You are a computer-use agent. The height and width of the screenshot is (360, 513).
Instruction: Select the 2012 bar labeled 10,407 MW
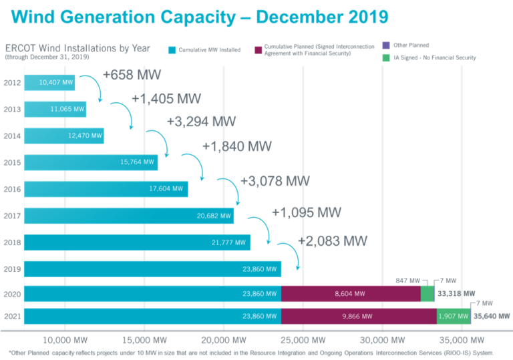click(x=50, y=83)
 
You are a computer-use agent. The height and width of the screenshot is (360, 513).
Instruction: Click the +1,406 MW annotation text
click(x=162, y=99)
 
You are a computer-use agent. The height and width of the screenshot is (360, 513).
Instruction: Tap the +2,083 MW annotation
click(x=332, y=241)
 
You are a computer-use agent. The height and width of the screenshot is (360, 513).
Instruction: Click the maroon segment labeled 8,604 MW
click(x=351, y=294)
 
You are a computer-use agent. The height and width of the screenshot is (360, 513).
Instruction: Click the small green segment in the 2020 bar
click(x=427, y=294)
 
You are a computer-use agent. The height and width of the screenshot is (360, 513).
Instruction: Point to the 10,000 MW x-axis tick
click(x=64, y=339)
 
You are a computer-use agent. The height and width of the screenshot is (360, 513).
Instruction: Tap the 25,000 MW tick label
click(x=303, y=339)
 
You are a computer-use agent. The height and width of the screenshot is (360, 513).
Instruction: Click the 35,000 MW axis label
click(x=462, y=339)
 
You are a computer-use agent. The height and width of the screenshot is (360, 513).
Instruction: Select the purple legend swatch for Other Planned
click(x=385, y=45)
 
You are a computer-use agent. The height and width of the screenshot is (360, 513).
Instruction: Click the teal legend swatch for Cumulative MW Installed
click(x=172, y=49)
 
